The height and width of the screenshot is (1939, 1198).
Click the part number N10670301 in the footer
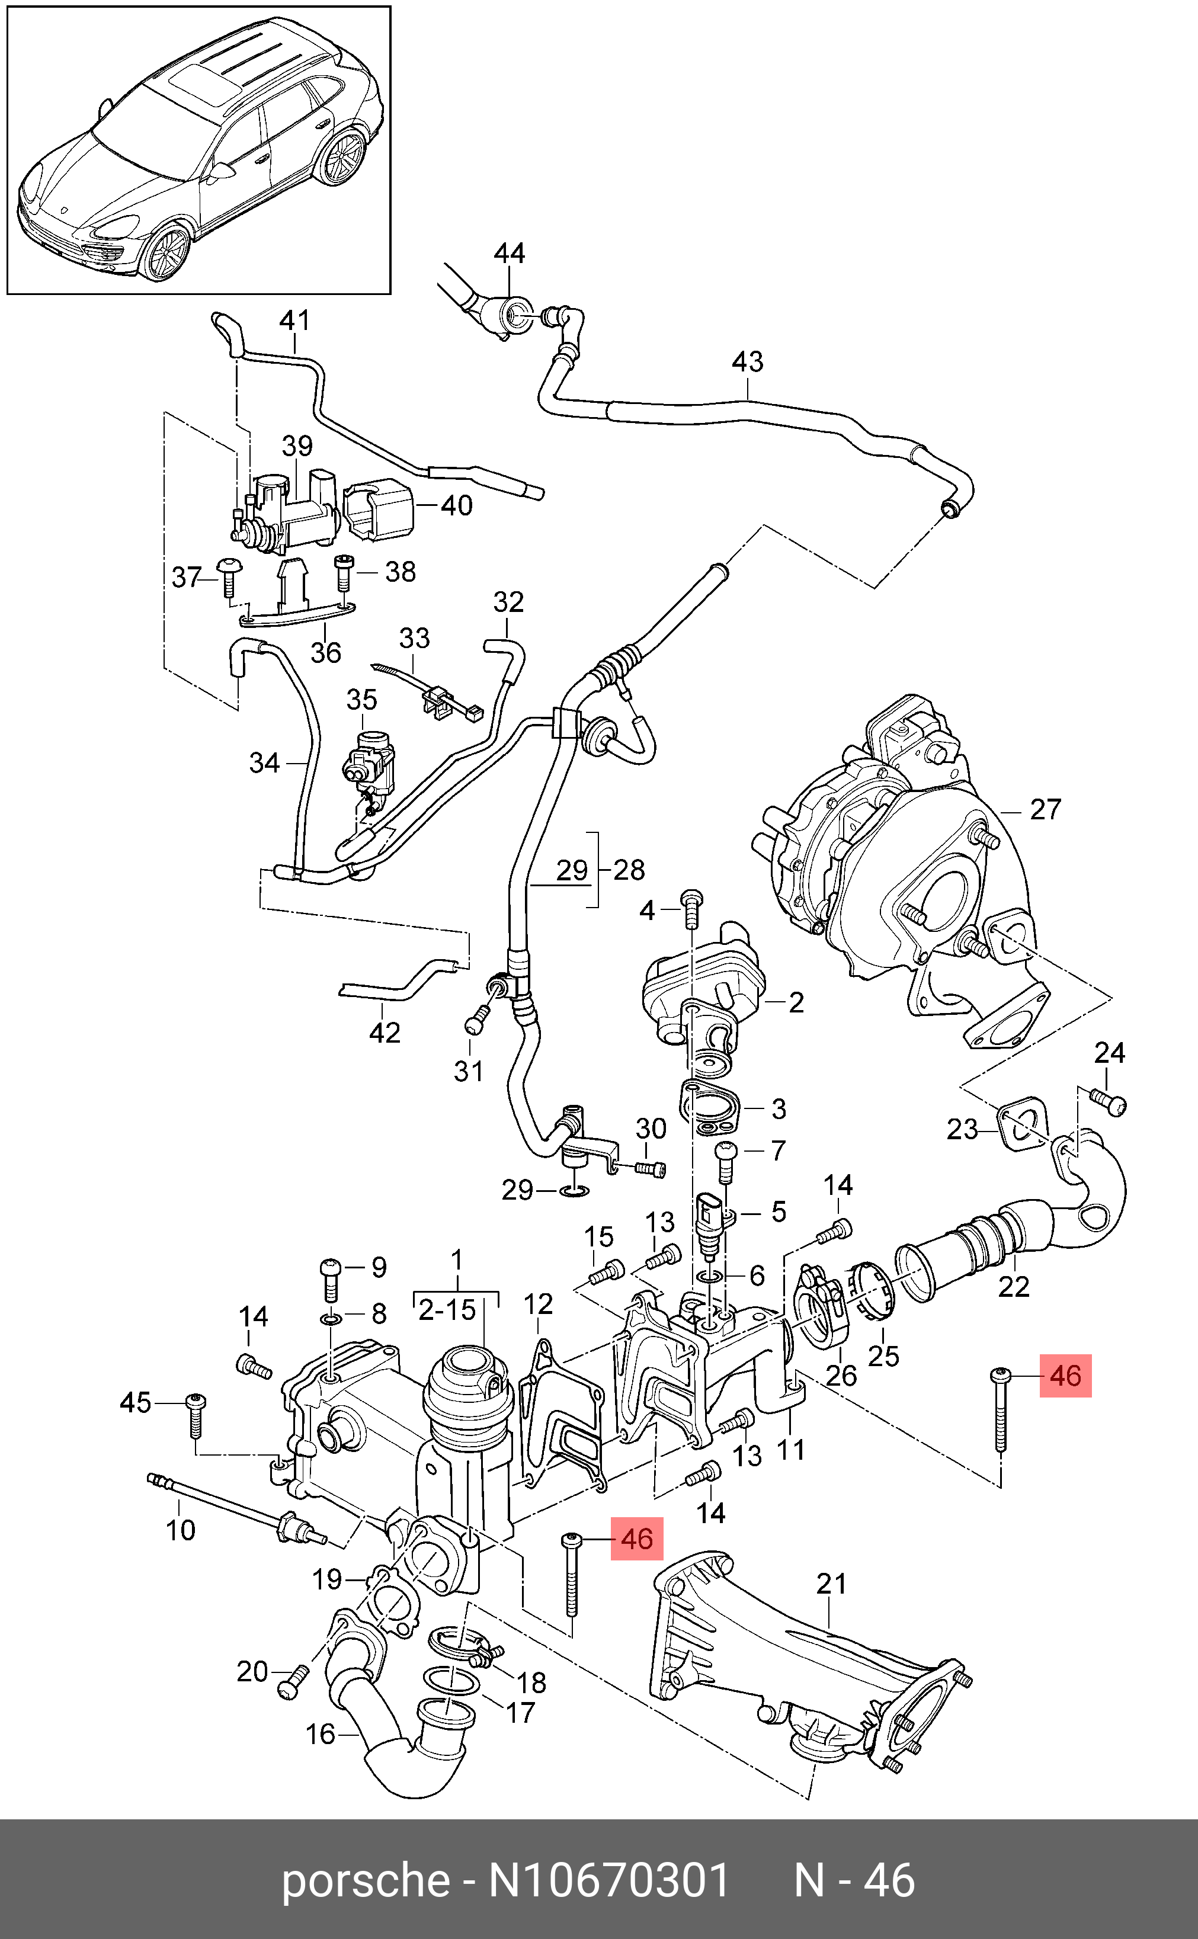(x=608, y=1880)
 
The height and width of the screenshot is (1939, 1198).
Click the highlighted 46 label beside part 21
(x=636, y=1539)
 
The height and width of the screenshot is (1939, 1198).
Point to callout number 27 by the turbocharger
(x=1045, y=809)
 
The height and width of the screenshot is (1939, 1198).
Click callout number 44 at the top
(x=510, y=254)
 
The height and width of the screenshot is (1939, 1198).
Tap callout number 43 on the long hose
(x=747, y=362)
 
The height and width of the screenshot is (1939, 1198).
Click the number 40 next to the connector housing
(x=456, y=505)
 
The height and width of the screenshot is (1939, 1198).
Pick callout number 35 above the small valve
(x=361, y=700)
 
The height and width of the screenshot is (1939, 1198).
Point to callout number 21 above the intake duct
(x=831, y=1584)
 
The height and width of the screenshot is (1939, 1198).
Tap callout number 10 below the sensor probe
(x=181, y=1530)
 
